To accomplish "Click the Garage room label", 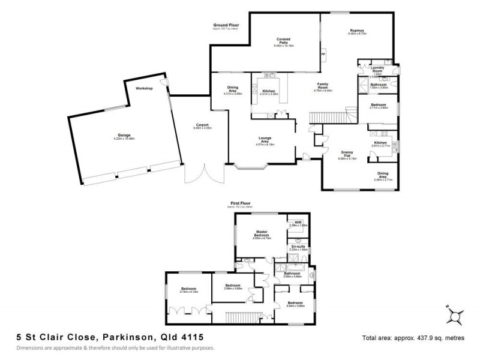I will (x=124, y=135).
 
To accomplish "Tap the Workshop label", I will (x=145, y=88).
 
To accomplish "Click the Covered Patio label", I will (x=284, y=40).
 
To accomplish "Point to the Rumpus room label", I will (x=358, y=31).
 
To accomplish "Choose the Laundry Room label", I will (x=377, y=68).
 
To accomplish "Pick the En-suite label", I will (x=298, y=246).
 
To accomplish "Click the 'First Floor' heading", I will (x=240, y=204).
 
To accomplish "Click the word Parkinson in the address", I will (x=125, y=338).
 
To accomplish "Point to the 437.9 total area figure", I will (x=417, y=338).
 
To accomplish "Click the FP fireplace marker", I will (x=324, y=55).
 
